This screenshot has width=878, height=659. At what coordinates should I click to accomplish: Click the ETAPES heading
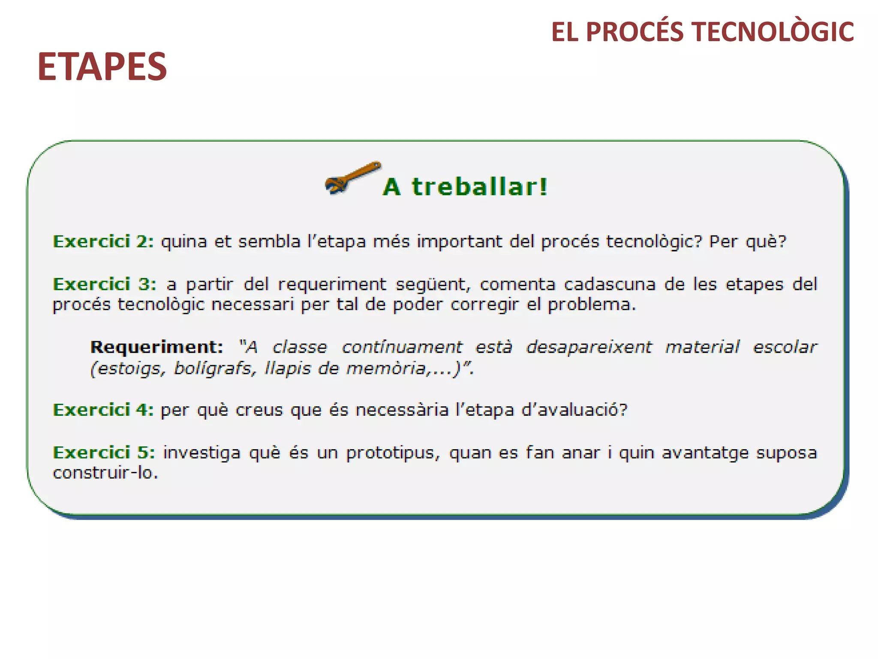click(102, 67)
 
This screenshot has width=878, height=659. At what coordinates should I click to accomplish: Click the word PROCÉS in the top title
click(634, 32)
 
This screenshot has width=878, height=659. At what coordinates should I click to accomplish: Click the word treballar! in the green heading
click(479, 187)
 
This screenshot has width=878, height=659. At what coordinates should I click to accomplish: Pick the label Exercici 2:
click(103, 242)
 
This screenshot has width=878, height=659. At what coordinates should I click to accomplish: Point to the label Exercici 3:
click(104, 284)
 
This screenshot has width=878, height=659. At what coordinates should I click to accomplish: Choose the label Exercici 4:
click(103, 410)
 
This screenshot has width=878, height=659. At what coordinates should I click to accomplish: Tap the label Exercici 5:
click(104, 453)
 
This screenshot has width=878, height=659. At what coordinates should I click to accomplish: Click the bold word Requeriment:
click(156, 347)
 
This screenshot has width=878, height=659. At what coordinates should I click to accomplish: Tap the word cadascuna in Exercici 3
click(609, 284)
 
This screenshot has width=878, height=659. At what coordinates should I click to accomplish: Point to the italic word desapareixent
click(589, 347)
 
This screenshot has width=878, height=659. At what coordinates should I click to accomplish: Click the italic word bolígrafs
click(213, 368)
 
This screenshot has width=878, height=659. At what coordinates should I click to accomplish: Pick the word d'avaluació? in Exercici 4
click(574, 410)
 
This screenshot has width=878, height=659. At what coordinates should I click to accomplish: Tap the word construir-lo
click(105, 473)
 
